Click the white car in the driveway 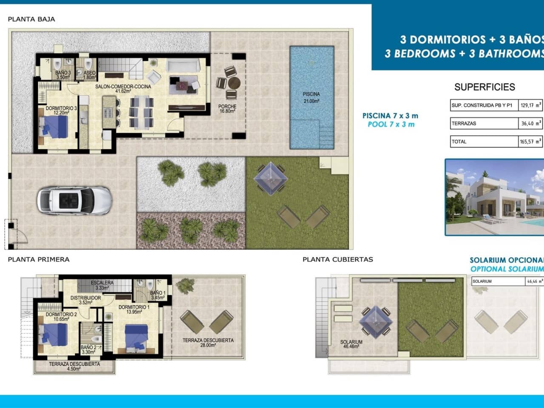74,200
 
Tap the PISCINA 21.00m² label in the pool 311,97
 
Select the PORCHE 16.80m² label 227,109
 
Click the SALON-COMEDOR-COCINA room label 123,88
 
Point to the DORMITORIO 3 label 61,110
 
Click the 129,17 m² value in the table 530,105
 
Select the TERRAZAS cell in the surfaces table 484,123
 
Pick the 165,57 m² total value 530,142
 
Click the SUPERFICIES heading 484,87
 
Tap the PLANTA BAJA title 31,19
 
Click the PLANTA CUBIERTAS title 337,259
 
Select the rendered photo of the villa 494,197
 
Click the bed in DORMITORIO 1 136,338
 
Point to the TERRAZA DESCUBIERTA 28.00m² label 208,343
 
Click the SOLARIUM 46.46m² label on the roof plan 351,344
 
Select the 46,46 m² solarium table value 534,281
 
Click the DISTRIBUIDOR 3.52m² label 85,300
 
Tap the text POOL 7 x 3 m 391,125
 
